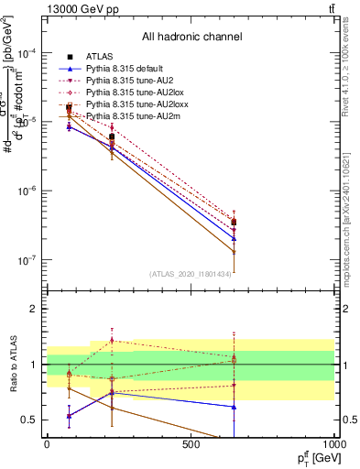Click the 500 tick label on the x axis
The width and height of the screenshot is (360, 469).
coord(191,443)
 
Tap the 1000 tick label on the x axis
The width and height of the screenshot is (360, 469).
coord(333,443)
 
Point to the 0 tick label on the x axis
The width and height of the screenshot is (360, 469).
coord(47,443)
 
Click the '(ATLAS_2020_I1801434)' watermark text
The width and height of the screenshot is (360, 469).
coord(191,274)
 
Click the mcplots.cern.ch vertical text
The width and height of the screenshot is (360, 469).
coord(351,220)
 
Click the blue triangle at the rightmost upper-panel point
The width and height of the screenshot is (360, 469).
coord(235,239)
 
